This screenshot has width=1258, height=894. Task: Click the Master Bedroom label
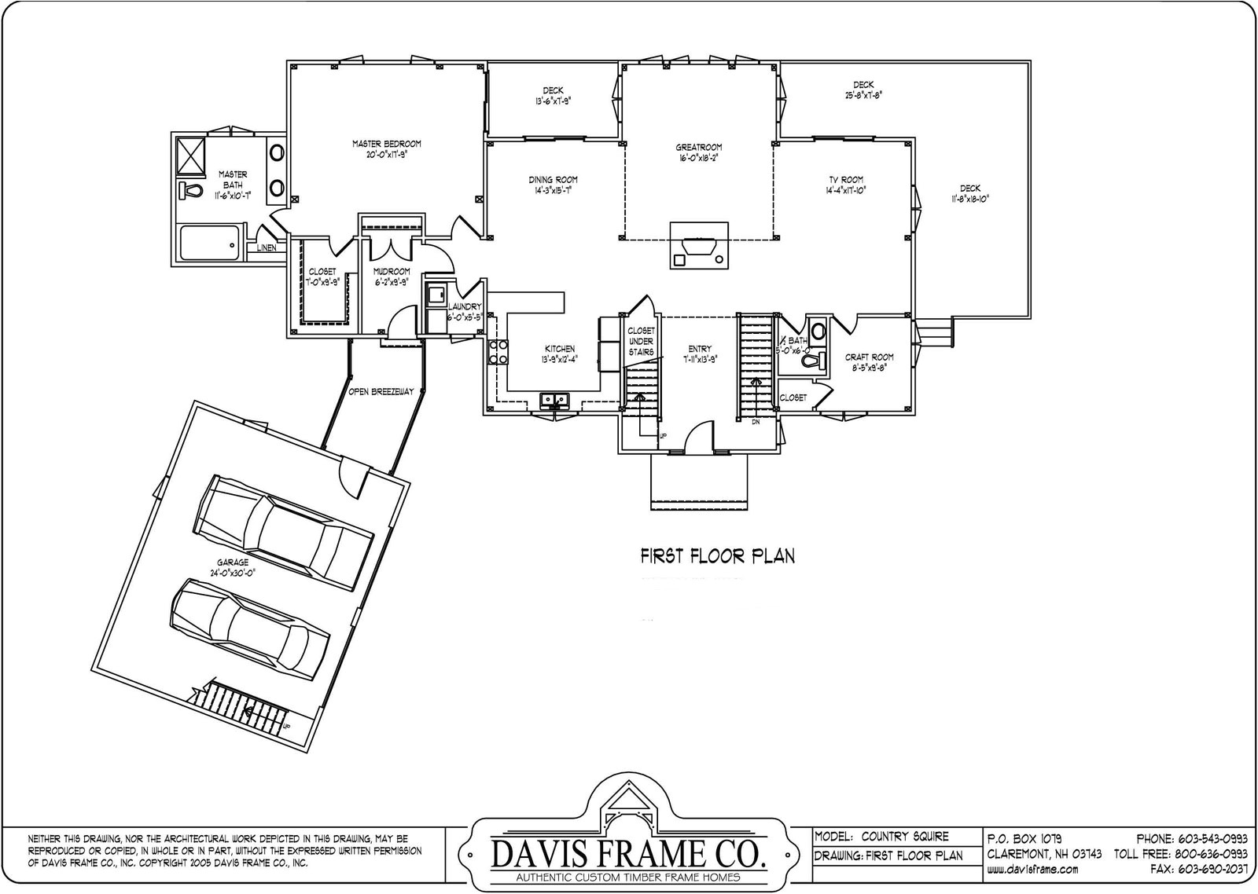(386, 148)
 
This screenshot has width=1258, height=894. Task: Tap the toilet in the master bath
(189, 190)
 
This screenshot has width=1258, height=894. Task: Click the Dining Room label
(553, 185)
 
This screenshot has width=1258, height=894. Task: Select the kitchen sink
(554, 401)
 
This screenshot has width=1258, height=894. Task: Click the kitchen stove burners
(498, 352)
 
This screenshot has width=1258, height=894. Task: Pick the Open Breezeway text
(381, 391)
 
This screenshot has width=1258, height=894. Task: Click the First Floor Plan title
(717, 556)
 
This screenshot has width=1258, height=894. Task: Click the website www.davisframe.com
(1032, 870)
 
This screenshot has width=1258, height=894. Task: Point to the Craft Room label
(869, 361)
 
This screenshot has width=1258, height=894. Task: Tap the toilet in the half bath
(821, 359)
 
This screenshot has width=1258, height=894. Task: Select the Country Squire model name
(904, 837)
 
